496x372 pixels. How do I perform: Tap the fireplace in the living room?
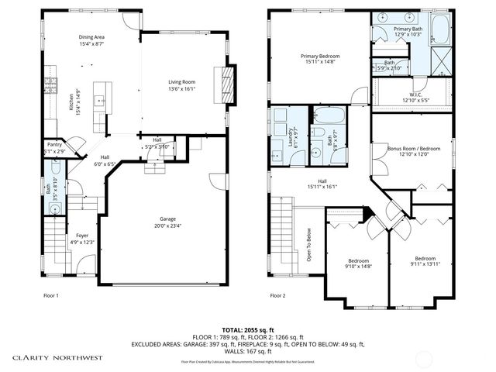pos(227,83)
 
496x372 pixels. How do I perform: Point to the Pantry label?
pos(54,144)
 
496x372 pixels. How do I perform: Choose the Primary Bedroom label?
pos(321,56)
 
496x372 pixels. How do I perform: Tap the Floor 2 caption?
pos(278,295)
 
